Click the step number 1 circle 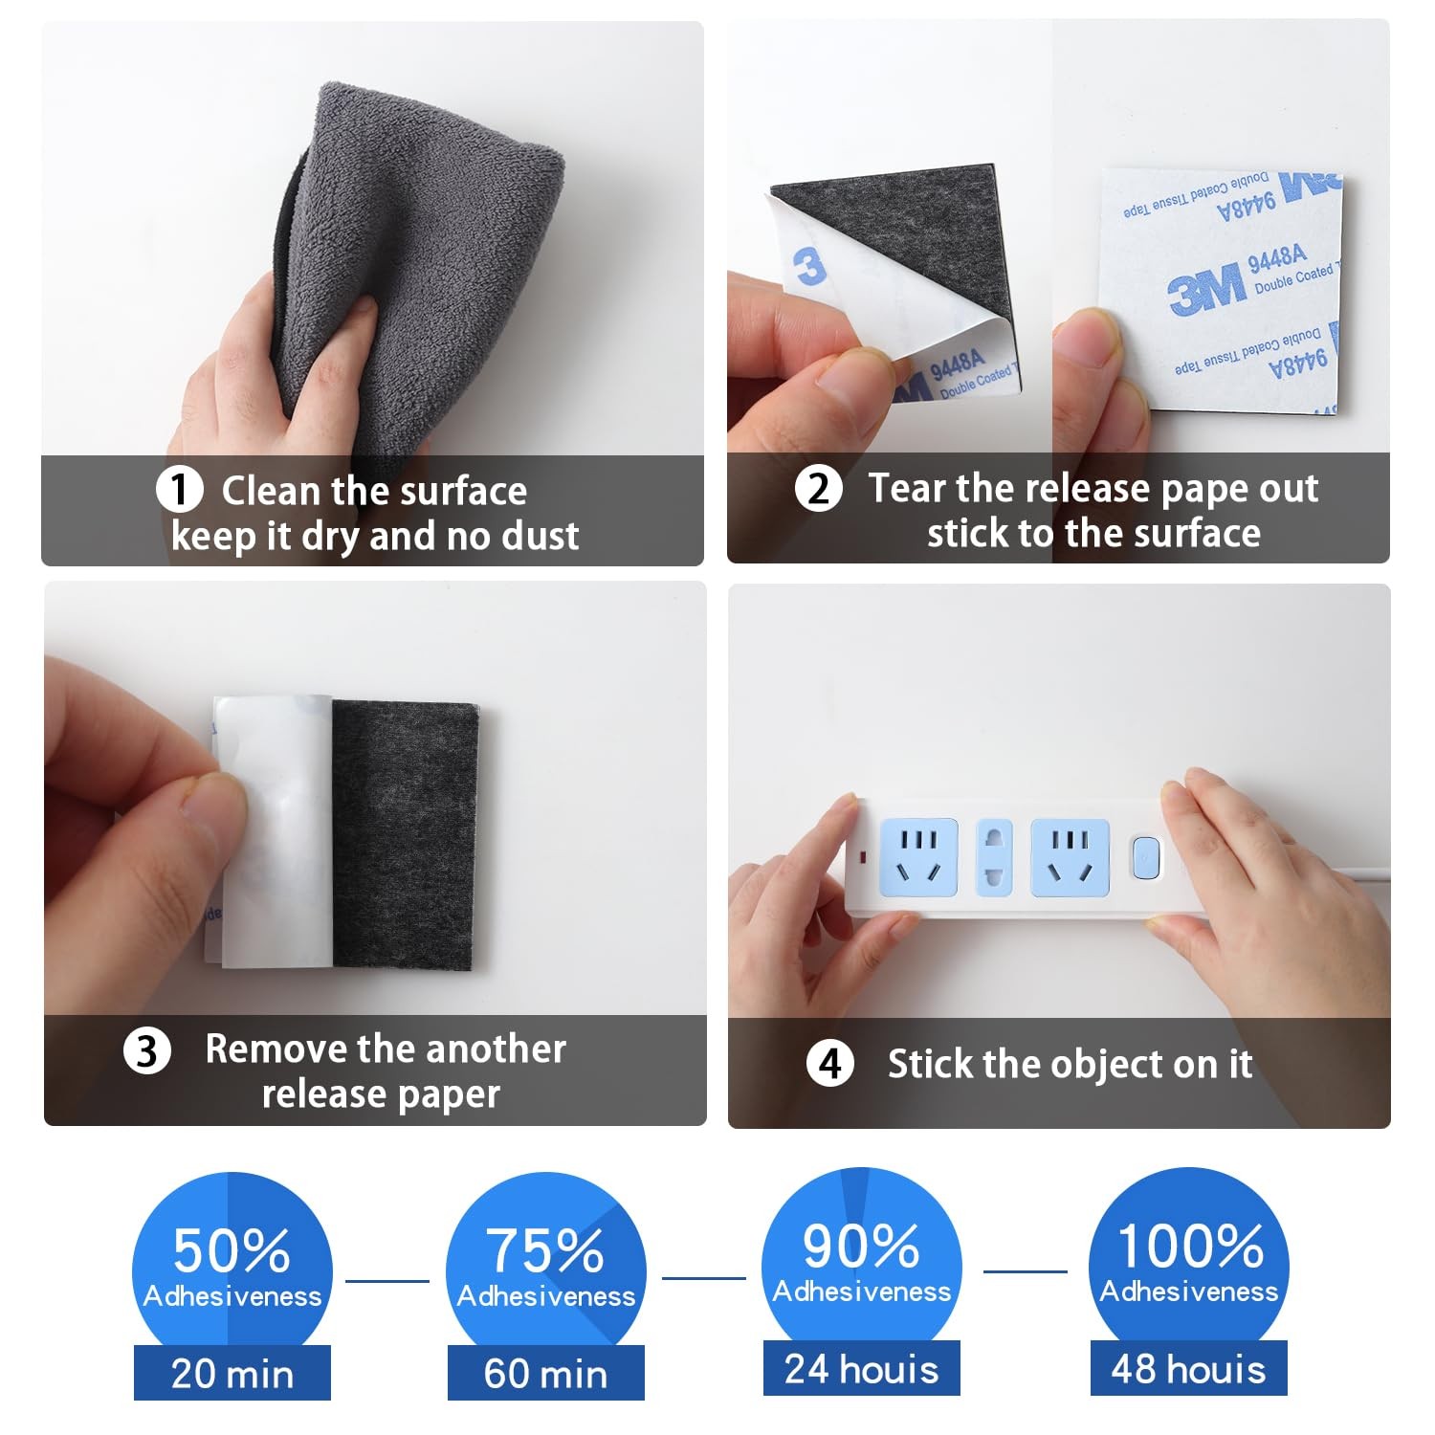(x=179, y=490)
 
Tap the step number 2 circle (x=818, y=489)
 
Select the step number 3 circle (x=146, y=1051)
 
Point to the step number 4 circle (x=829, y=1064)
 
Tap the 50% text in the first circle (x=232, y=1249)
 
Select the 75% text (x=545, y=1249)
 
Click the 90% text (x=861, y=1246)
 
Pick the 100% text (x=1189, y=1246)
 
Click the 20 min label (x=232, y=1374)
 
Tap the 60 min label (x=545, y=1374)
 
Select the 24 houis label (x=861, y=1369)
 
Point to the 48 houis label (x=1188, y=1369)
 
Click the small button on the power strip (x=1145, y=858)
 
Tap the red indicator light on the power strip (x=864, y=853)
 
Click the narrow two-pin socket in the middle (x=993, y=857)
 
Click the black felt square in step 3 (x=405, y=837)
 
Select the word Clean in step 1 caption (x=271, y=491)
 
